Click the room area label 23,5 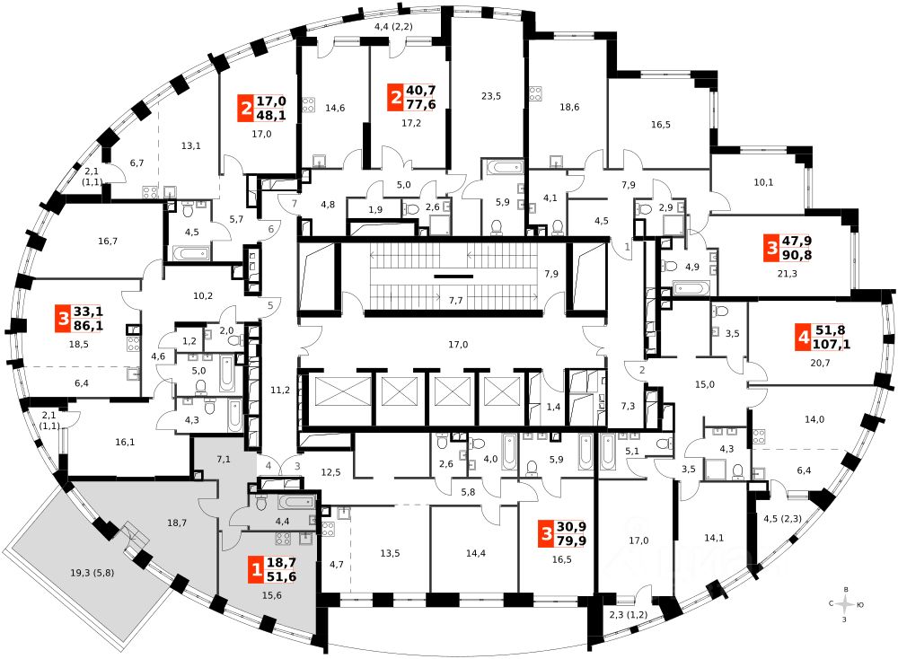[490, 96]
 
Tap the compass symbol [842, 604]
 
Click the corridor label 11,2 [280, 390]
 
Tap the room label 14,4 [475, 553]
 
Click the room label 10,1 [763, 182]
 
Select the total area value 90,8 [797, 255]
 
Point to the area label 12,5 [332, 472]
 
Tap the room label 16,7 [109, 242]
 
